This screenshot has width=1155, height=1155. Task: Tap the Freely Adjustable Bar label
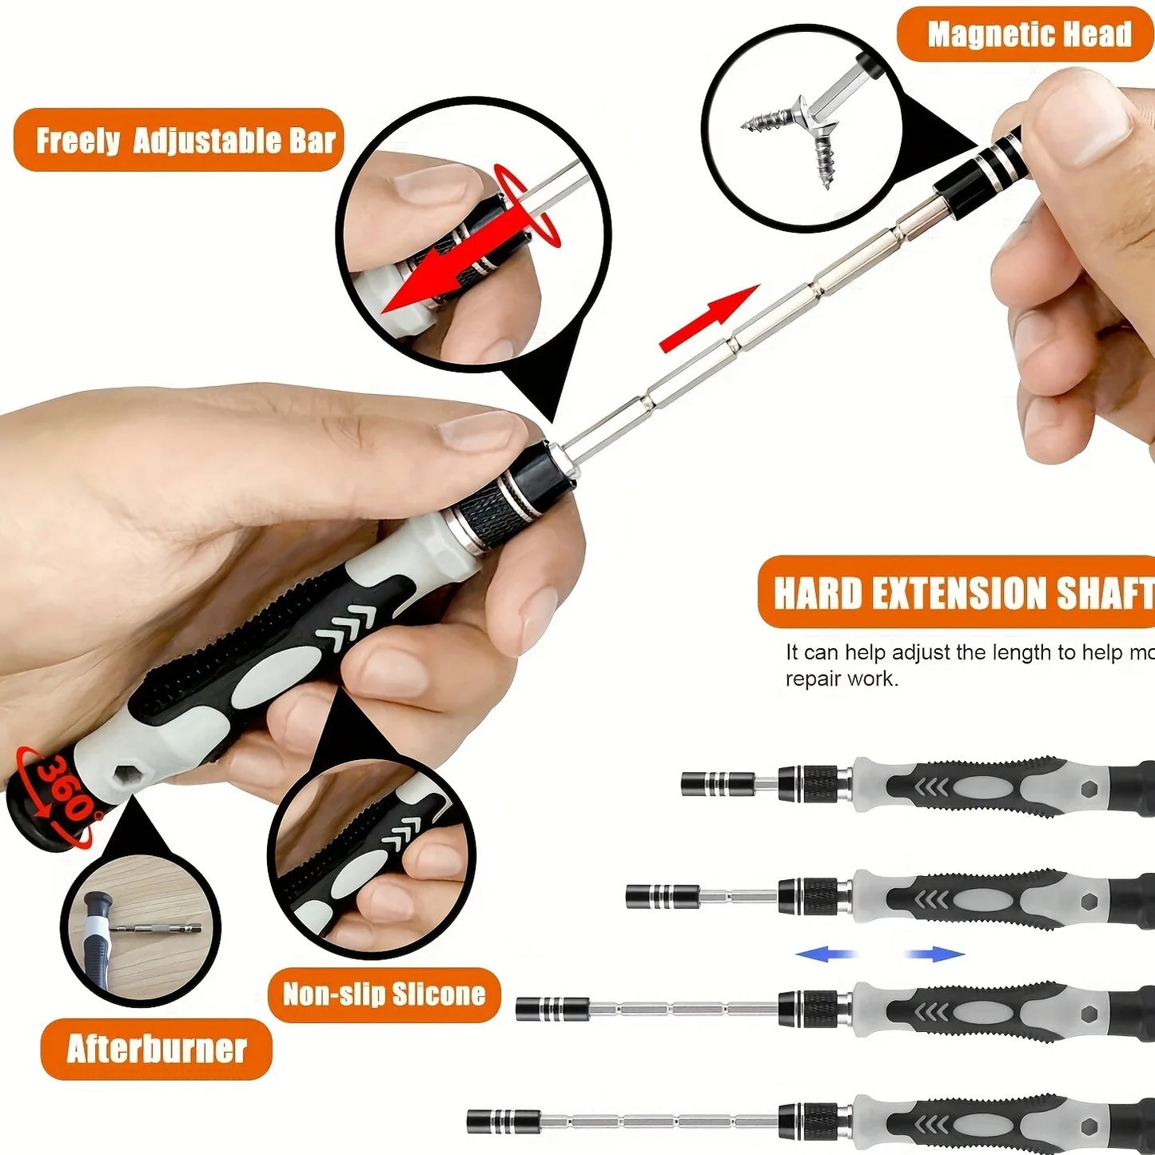185,141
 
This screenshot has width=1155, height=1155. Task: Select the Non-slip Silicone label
384,994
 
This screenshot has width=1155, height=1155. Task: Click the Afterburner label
157,1049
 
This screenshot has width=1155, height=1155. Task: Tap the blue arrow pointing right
935,954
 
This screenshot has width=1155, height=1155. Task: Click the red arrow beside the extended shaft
707,319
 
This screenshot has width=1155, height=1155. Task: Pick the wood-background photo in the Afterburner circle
141,926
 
